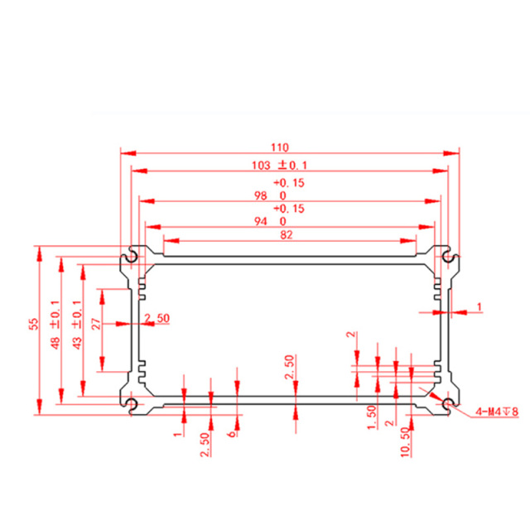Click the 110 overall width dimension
280,147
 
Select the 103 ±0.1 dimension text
280,166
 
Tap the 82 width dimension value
287,235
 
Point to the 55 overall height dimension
35,324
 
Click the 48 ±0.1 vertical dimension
55,325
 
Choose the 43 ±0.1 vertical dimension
77,325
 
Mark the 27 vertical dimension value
96,324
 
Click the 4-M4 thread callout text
497,412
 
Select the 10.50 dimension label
405,442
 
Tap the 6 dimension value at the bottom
233,433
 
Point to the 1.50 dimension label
372,417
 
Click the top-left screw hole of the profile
131,258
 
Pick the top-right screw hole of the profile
449,258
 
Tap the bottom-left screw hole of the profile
131,403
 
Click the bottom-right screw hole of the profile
449,403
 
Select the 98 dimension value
261,195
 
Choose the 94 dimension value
261,221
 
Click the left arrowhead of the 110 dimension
128,153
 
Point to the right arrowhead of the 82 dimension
408,241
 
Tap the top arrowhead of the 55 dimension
40,253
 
